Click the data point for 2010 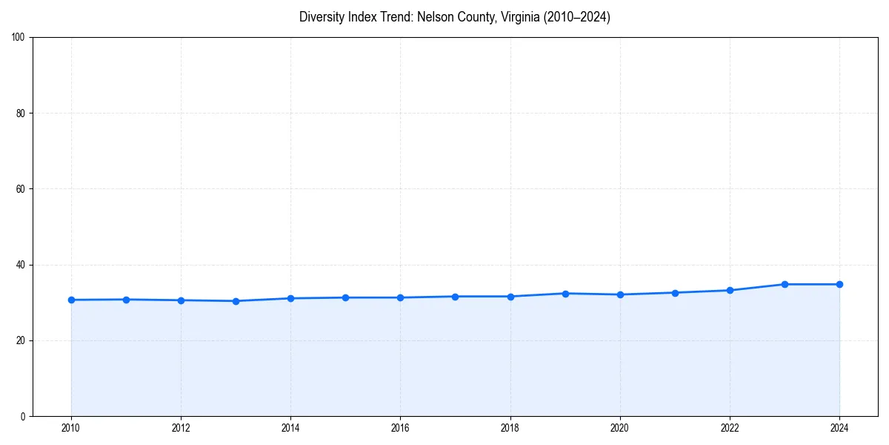pyautogui.click(x=71, y=300)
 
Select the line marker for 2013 pyautogui.click(x=236, y=301)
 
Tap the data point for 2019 pyautogui.click(x=565, y=294)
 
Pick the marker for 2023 pyautogui.click(x=785, y=284)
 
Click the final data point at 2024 pyautogui.click(x=839, y=284)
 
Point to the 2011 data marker pyautogui.click(x=126, y=300)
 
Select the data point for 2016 pyautogui.click(x=400, y=297)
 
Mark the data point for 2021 pyautogui.click(x=675, y=293)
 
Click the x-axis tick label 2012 pyautogui.click(x=181, y=428)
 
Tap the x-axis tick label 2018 pyautogui.click(x=510, y=428)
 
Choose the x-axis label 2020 pyautogui.click(x=620, y=428)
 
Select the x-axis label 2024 pyautogui.click(x=839, y=428)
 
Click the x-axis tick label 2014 pyautogui.click(x=290, y=428)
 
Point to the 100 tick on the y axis pyautogui.click(x=19, y=37)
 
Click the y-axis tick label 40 pyautogui.click(x=21, y=265)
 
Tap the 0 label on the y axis pyautogui.click(x=23, y=416)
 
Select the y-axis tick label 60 pyautogui.click(x=21, y=189)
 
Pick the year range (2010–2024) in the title pyautogui.click(x=577, y=17)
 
